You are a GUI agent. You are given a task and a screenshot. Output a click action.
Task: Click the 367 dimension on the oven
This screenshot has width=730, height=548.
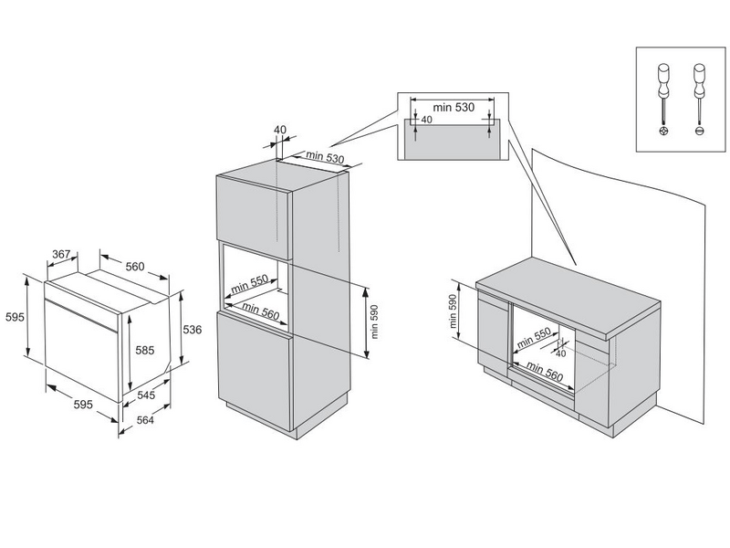click(61, 255)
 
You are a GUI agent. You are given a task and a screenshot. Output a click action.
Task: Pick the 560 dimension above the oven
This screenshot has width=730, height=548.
click(134, 267)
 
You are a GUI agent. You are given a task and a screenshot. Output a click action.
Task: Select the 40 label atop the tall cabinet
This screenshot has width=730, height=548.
click(279, 129)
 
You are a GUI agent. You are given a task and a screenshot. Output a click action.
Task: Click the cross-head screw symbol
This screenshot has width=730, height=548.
click(662, 132)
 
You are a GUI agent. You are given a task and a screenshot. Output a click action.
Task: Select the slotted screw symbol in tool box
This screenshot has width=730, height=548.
click(700, 132)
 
